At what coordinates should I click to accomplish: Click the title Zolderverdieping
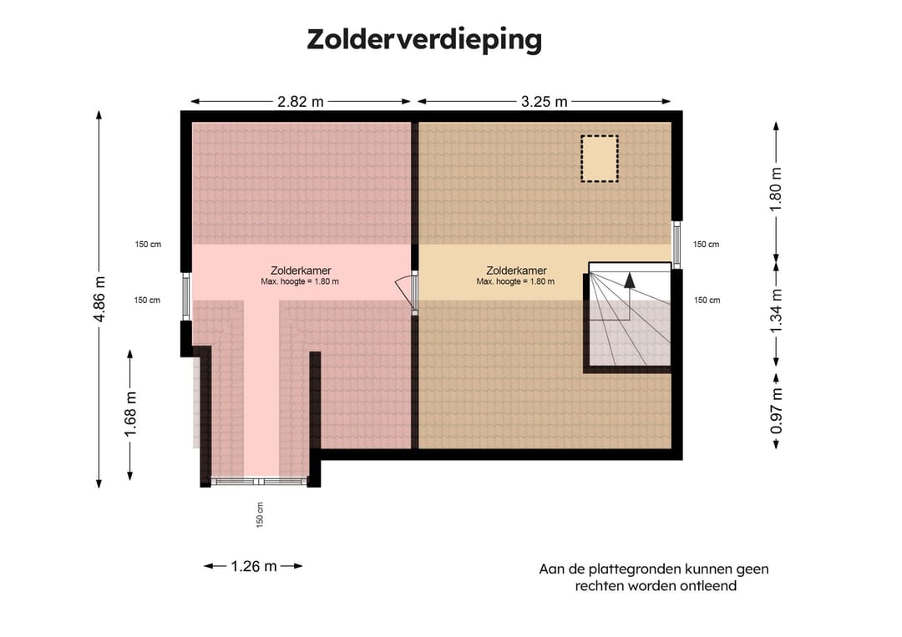tap(424, 39)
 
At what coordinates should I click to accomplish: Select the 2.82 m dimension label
tap(301, 102)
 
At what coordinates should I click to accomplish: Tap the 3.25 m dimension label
tap(544, 102)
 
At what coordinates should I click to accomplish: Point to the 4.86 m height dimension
tap(99, 299)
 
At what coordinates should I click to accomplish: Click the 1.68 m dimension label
tap(130, 415)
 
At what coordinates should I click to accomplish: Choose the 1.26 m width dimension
tap(253, 566)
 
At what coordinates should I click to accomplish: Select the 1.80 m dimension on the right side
tap(776, 190)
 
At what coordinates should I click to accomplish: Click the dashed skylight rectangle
tap(599, 159)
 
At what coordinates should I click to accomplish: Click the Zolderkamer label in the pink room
tap(301, 270)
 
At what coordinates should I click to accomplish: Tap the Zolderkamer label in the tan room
tap(516, 270)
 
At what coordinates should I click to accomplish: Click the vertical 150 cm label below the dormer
tap(261, 514)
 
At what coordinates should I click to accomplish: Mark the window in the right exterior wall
tap(677, 245)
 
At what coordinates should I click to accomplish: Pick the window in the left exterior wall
tap(186, 297)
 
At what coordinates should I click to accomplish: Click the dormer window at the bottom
tap(259, 482)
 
